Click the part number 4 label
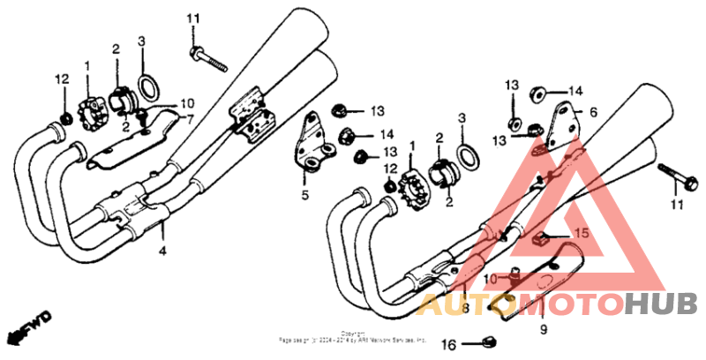[x=161, y=251]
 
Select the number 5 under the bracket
[x=305, y=196]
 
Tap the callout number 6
[x=593, y=112]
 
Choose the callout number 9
[x=544, y=328]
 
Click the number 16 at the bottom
[x=447, y=344]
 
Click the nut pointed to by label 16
[x=490, y=341]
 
